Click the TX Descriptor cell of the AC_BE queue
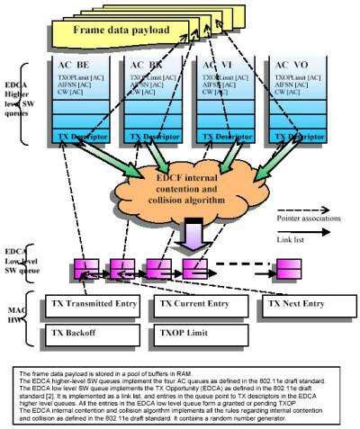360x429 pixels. tap(81, 138)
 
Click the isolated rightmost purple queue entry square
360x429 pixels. tap(287, 268)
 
